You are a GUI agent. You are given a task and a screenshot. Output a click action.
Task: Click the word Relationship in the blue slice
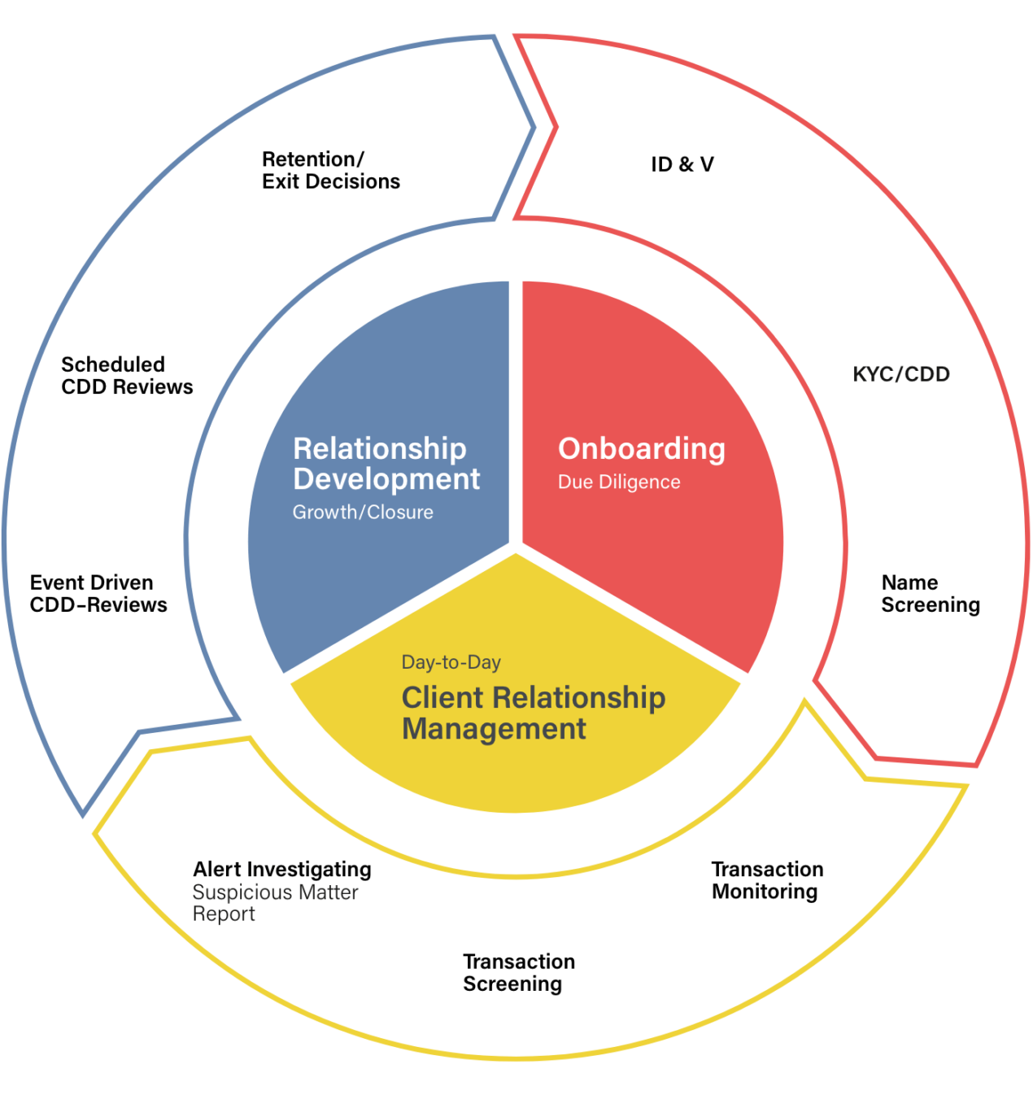coord(379,448)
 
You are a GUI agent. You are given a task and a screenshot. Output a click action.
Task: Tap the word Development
coord(386,479)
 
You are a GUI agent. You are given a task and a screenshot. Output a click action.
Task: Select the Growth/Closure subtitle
coord(363,513)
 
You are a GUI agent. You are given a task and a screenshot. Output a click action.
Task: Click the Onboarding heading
coord(642,448)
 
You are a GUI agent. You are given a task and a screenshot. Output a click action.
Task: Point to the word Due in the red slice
coord(575,482)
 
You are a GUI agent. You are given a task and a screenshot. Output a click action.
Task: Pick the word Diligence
coord(639,482)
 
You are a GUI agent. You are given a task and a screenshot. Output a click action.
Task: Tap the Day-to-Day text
coord(451,662)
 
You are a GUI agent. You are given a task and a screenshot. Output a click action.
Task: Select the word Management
coord(494,729)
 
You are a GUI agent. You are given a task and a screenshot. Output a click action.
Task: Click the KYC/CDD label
coord(901,374)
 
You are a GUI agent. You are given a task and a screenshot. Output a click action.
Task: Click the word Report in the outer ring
coord(224,914)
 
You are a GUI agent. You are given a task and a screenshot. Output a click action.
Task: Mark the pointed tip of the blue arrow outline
coord(534,127)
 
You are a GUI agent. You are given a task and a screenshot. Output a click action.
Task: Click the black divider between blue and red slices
coord(516,407)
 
